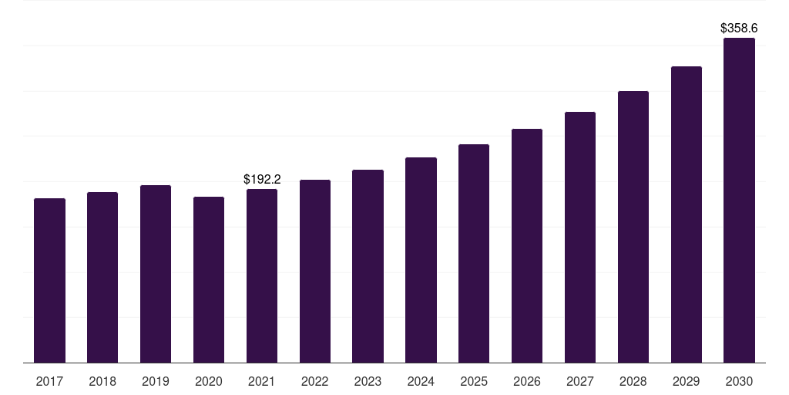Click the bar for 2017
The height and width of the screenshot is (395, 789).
click(x=49, y=280)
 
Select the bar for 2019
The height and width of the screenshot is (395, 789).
click(x=156, y=274)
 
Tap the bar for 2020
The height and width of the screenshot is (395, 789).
click(x=209, y=279)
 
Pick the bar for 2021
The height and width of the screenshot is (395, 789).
click(x=262, y=275)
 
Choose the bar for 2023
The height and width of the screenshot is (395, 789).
click(x=368, y=266)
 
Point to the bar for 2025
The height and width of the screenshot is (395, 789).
click(x=474, y=253)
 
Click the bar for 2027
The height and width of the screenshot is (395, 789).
click(x=580, y=237)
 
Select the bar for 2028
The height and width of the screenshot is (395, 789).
click(x=633, y=227)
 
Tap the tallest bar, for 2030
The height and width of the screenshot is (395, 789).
click(x=739, y=200)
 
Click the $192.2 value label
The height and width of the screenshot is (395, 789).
click(x=262, y=179)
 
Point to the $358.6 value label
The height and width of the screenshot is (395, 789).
click(x=739, y=28)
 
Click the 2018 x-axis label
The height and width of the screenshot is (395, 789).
click(x=102, y=381)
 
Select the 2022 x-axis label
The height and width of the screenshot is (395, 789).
click(x=315, y=381)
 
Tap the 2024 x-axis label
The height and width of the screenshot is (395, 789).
click(x=421, y=381)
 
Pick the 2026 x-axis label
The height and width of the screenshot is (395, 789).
click(x=527, y=381)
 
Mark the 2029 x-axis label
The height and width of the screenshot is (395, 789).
click(x=687, y=381)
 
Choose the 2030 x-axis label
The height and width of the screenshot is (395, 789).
click(x=739, y=381)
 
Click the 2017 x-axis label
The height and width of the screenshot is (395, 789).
click(x=49, y=381)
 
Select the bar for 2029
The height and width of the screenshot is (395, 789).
click(x=687, y=214)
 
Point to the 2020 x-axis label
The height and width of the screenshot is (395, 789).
click(x=209, y=381)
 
